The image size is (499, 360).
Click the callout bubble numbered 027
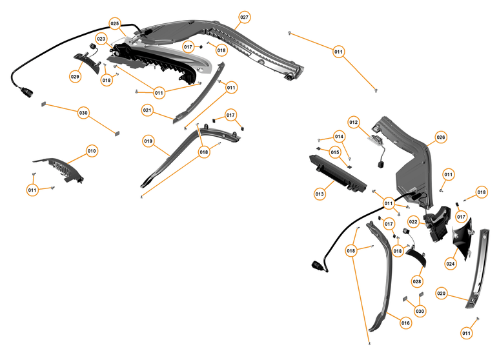[x=244, y=16]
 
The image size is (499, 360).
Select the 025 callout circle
[x=115, y=24]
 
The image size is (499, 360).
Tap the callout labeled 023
[x=101, y=39]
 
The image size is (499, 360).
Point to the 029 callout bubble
[x=76, y=76]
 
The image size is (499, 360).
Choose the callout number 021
[x=147, y=110]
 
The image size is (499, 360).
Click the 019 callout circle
[x=148, y=140]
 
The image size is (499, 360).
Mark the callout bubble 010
[x=92, y=151]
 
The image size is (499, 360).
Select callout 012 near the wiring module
[x=353, y=121]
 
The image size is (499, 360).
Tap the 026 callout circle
[x=441, y=137]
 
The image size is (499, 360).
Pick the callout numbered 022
[x=413, y=222]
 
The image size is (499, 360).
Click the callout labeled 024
[x=450, y=263]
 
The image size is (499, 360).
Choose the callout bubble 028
[x=416, y=281]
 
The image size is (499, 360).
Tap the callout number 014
[x=339, y=137]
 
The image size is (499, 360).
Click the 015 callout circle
[x=335, y=152]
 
